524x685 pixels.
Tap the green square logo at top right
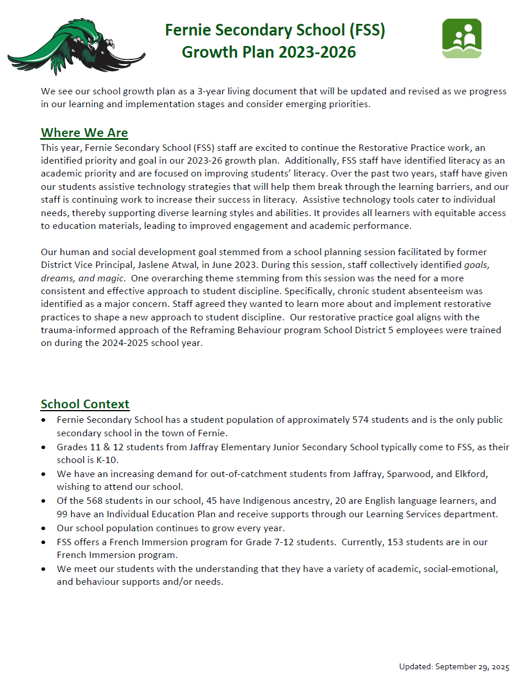point(462,38)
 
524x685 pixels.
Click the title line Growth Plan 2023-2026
point(269,52)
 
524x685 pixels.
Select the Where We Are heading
point(85,133)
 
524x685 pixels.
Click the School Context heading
point(85,404)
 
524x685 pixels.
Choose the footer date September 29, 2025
point(472,666)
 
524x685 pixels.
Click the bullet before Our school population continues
point(44,528)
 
